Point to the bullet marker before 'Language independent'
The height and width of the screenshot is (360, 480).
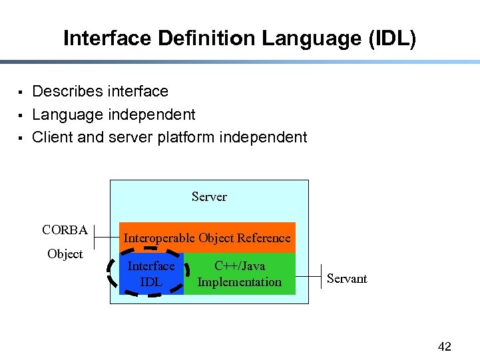click(21, 115)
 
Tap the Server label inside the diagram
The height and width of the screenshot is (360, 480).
click(209, 197)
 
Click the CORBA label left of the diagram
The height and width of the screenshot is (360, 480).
click(65, 230)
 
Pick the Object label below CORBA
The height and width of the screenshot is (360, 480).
click(65, 254)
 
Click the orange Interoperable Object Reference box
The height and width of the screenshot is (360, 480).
click(207, 238)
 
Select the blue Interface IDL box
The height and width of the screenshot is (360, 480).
click(151, 274)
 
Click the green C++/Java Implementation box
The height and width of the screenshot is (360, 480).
click(240, 274)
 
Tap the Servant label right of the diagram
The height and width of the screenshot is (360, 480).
click(347, 279)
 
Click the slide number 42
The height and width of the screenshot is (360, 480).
click(444, 347)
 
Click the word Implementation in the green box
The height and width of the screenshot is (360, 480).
click(240, 282)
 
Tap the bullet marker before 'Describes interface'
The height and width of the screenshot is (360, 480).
click(21, 92)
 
